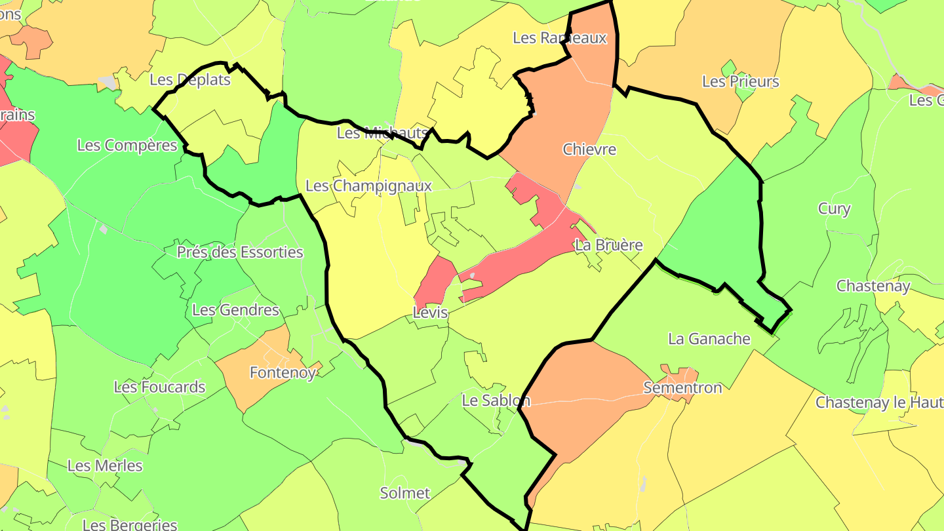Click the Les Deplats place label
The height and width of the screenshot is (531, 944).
pos(190,80)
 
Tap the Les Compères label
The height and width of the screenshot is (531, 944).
pos(127,145)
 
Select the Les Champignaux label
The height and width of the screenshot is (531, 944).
pos(369,186)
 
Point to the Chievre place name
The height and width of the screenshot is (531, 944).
pos(589,149)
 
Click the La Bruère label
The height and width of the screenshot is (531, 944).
pos(608,245)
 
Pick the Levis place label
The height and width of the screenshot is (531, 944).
pos(430,313)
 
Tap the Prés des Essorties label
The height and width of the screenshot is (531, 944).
pos(240,252)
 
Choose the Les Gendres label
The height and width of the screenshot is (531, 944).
pos(236,309)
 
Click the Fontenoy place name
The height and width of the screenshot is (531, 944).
pos(283,372)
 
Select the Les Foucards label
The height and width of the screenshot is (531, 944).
pos(160,387)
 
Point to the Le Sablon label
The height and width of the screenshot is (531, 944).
pos(496,400)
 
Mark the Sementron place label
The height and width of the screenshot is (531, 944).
pos(682,387)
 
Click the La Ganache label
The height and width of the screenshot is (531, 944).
pos(709,338)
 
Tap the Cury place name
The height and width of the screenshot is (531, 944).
pos(834,209)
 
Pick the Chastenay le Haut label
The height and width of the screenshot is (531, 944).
pos(878,402)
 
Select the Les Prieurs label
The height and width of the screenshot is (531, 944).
pos(740,82)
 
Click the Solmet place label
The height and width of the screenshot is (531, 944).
pos(405,492)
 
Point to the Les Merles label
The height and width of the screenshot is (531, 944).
pos(105,465)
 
